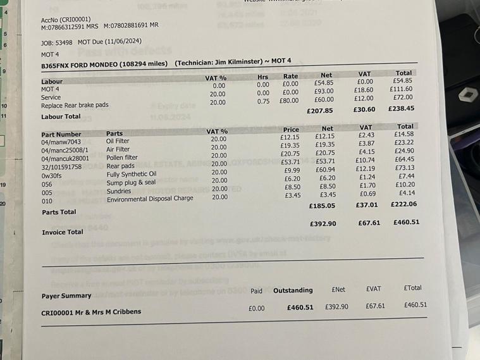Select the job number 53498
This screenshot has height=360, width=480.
65,42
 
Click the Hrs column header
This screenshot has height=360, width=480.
263,76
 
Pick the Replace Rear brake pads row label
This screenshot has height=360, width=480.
75,105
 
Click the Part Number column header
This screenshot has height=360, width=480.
61,134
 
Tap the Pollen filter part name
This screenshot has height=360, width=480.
122,158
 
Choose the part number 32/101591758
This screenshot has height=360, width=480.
61,166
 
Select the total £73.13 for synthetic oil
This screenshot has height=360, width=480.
405,168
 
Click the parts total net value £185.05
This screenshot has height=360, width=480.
322,206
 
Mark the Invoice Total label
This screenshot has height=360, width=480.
63,232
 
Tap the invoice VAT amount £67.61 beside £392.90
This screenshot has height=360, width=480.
369,223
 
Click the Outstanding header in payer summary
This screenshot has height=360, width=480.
293,290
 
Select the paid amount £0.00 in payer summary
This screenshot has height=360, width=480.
257,308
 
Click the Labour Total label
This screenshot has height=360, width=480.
61,116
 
